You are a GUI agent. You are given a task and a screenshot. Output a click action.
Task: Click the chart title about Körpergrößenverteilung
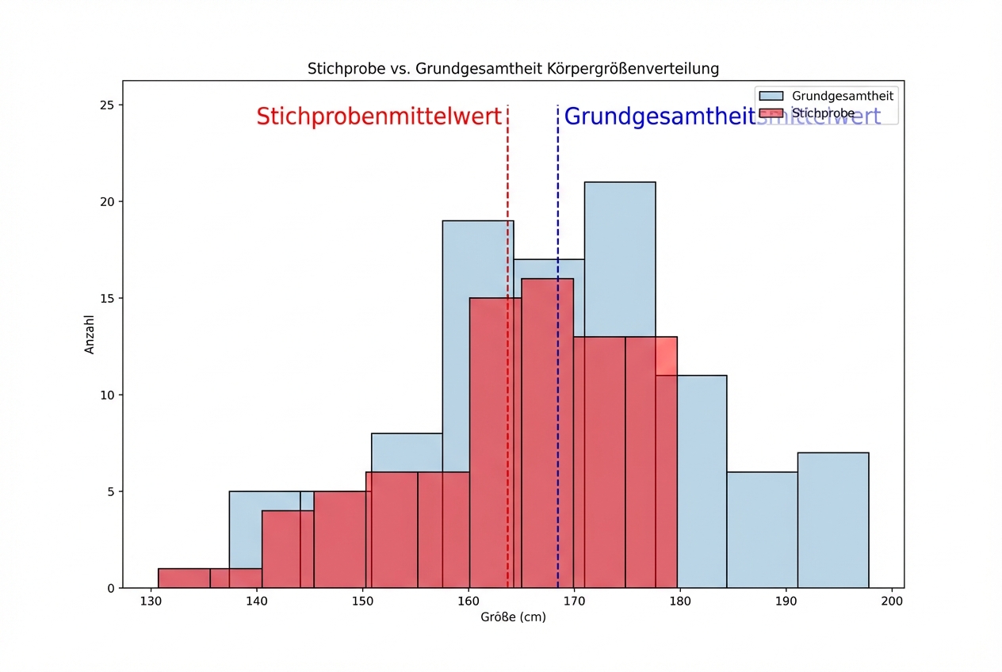(x=513, y=69)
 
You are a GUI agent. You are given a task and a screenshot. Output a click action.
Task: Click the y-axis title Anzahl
(x=90, y=334)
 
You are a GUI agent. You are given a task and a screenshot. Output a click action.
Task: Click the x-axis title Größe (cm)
(x=512, y=617)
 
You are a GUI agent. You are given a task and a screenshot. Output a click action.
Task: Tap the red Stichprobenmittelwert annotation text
(x=378, y=116)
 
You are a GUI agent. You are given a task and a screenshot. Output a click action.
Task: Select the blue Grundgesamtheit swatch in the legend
(x=770, y=96)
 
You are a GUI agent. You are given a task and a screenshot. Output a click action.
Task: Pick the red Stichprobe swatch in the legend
(x=770, y=113)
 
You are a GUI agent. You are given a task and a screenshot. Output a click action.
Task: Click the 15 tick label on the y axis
(x=106, y=299)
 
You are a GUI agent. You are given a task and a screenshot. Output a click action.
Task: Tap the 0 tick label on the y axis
(x=110, y=589)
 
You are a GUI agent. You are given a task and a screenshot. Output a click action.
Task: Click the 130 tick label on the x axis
(x=151, y=601)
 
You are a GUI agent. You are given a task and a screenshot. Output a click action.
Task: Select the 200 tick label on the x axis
(x=892, y=601)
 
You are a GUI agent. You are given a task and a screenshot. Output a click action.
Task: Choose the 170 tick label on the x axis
(x=574, y=601)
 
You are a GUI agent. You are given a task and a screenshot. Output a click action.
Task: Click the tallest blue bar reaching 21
(x=620, y=254)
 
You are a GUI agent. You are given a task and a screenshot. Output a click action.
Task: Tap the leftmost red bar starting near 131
(x=184, y=578)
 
